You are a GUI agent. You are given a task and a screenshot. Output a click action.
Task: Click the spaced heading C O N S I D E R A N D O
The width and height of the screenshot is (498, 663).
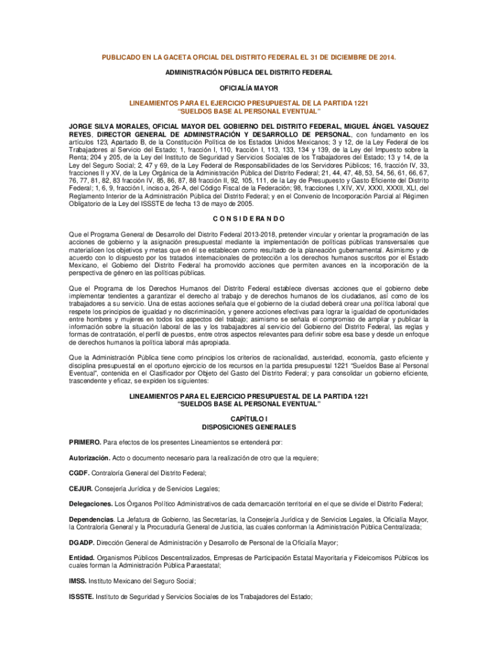(249, 218)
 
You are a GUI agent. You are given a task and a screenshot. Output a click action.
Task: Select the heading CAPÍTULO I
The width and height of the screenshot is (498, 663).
(249, 420)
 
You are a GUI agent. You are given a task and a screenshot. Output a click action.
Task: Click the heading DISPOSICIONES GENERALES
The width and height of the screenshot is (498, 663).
(249, 427)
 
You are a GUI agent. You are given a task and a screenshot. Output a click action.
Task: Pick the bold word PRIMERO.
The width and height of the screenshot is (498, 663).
(85, 442)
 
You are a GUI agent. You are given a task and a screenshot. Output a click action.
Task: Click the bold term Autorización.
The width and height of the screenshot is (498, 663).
(90, 458)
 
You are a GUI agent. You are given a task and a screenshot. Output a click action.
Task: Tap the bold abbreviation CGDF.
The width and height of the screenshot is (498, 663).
(80, 473)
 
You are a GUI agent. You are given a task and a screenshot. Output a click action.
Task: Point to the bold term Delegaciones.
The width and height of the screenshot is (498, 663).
(91, 504)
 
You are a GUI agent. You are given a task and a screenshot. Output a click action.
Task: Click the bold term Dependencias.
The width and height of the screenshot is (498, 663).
(92, 519)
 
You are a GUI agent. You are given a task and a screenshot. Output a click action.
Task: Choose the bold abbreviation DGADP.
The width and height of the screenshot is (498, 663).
(83, 542)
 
